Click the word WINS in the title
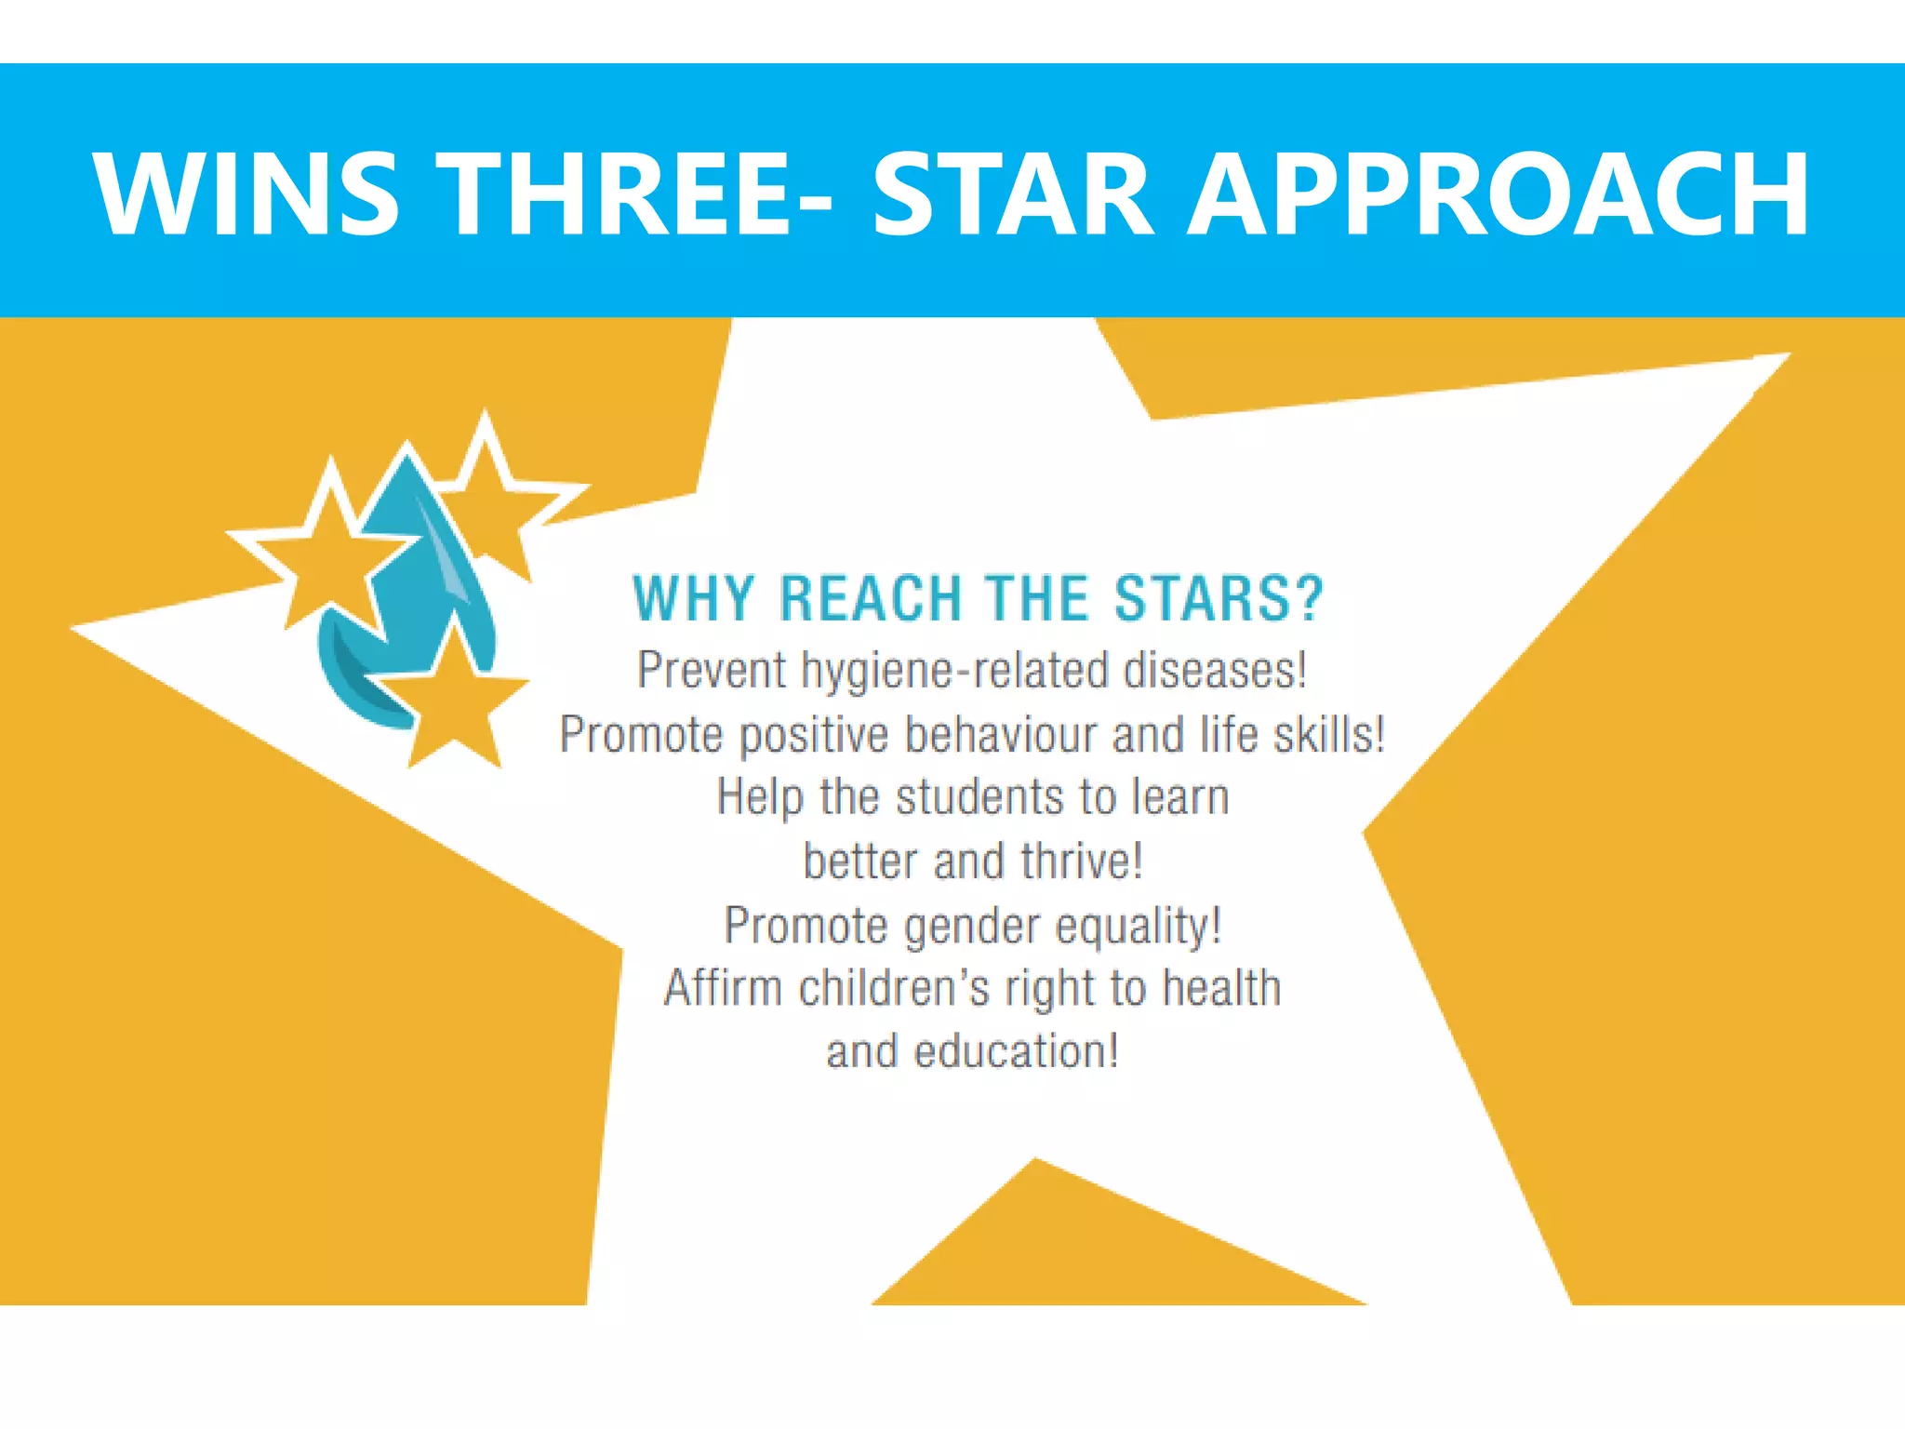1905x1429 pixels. tap(247, 194)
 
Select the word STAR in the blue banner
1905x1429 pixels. tap(1013, 194)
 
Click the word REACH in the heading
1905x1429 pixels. tap(871, 598)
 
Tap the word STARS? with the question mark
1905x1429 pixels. tap(1219, 598)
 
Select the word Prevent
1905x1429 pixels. tap(712, 670)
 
